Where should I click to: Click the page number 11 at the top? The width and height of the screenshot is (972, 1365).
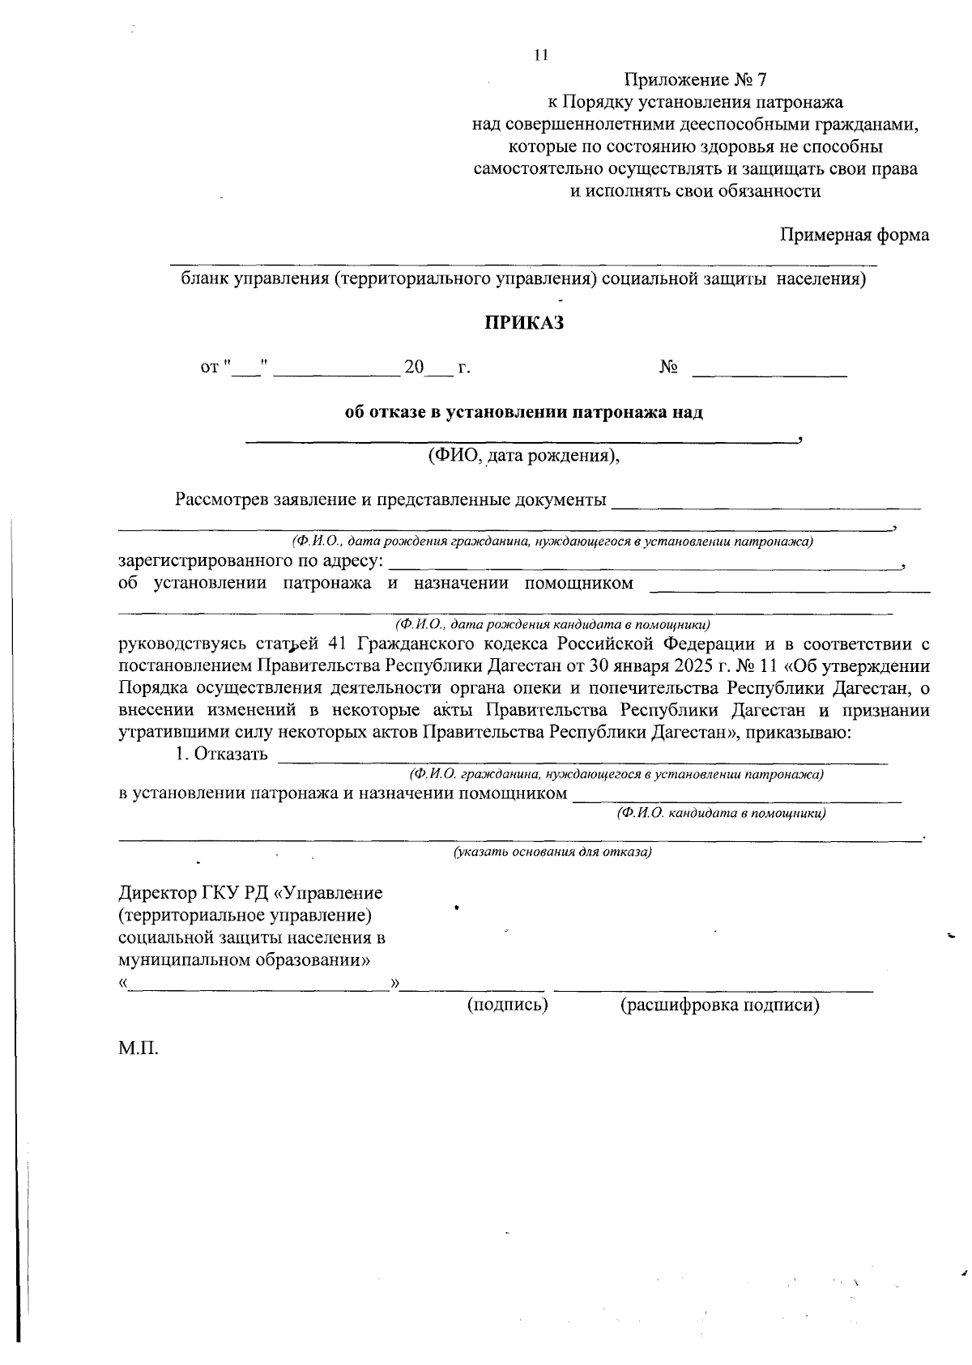[x=541, y=56]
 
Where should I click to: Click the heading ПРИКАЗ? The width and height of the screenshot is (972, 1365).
[x=523, y=323]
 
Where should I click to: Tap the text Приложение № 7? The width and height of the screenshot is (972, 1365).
[x=695, y=80]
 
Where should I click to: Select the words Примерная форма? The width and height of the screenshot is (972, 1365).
[x=855, y=235]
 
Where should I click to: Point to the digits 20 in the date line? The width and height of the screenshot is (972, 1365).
[x=415, y=368]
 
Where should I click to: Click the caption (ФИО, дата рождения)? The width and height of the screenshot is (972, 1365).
[x=524, y=456]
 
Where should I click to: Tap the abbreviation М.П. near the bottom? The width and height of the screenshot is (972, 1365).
[x=138, y=1050]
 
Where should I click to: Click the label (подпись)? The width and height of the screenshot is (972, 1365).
[x=508, y=1005]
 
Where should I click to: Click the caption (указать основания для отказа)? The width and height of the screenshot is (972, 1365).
[x=552, y=852]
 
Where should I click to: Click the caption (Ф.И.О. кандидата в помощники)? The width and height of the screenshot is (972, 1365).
[x=721, y=813]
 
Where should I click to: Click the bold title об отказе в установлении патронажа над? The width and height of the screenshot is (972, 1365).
[x=524, y=412]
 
